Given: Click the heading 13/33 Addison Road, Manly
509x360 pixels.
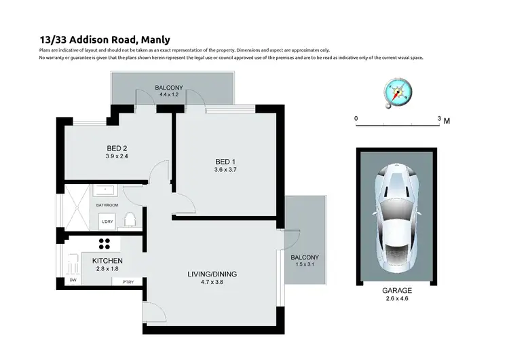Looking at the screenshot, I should pyautogui.click(x=96, y=40).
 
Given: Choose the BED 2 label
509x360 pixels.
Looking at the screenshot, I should pyautogui.click(x=117, y=149).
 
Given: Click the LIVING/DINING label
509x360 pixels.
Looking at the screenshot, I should pyautogui.click(x=212, y=274).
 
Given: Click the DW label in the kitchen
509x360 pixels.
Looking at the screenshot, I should pyautogui.click(x=73, y=280).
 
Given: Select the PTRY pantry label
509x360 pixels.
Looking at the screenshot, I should pyautogui.click(x=128, y=282).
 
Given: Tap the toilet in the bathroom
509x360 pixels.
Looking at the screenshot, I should pyautogui.click(x=132, y=219).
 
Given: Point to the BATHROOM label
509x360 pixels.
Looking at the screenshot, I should pyautogui.click(x=107, y=205).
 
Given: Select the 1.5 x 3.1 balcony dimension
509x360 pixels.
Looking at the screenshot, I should pyautogui.click(x=305, y=264).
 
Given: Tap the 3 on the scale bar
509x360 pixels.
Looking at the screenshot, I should pyautogui.click(x=439, y=120).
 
